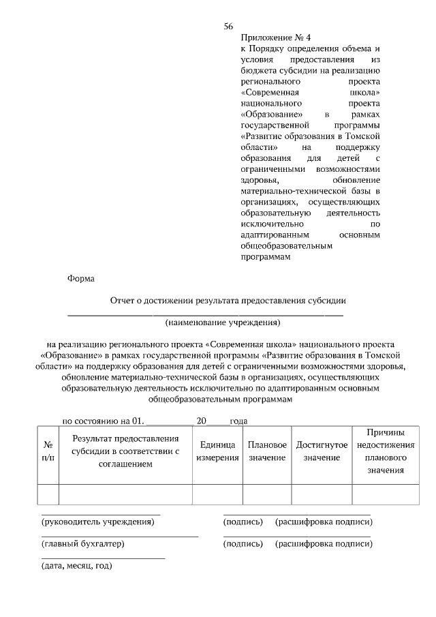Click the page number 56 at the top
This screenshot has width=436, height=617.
[x=228, y=27]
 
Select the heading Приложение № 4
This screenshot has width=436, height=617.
[x=270, y=38]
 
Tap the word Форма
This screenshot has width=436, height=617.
[x=81, y=279]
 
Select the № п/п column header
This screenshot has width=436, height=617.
[x=48, y=451]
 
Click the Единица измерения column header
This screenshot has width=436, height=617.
[x=217, y=451]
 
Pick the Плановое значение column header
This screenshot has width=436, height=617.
[x=266, y=451]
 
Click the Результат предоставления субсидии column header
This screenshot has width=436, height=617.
[x=125, y=451]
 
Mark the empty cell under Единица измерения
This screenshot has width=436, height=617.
[x=217, y=494]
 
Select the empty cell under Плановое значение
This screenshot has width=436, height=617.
[x=266, y=494]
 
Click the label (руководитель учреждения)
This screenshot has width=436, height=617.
[x=98, y=522]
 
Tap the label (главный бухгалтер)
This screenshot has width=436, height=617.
[x=83, y=544]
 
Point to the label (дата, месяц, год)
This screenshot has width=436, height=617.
[x=77, y=566]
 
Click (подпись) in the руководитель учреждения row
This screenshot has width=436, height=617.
[x=243, y=522]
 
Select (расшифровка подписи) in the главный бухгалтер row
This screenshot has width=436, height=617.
[x=324, y=544]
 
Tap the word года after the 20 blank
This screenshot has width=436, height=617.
[x=238, y=421]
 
